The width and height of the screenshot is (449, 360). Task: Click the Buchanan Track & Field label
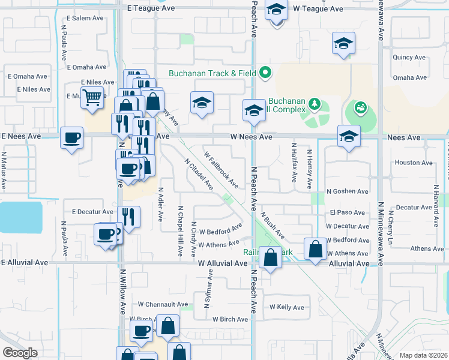(x=212, y=74)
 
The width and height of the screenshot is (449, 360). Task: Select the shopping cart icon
(x=92, y=98)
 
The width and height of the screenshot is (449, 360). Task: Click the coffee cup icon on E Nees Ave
(x=71, y=139)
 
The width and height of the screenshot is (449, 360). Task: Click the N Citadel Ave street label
(x=199, y=174)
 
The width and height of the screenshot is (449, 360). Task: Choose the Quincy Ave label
(x=409, y=58)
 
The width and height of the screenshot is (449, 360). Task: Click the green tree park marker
(x=314, y=105)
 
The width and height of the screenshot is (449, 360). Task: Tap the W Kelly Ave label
(x=287, y=307)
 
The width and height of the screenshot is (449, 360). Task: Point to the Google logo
(x=20, y=353)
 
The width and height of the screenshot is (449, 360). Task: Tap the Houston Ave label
(x=414, y=163)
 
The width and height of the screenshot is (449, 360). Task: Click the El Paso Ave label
(x=347, y=212)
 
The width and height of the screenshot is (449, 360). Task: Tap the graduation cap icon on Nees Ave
(x=348, y=136)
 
